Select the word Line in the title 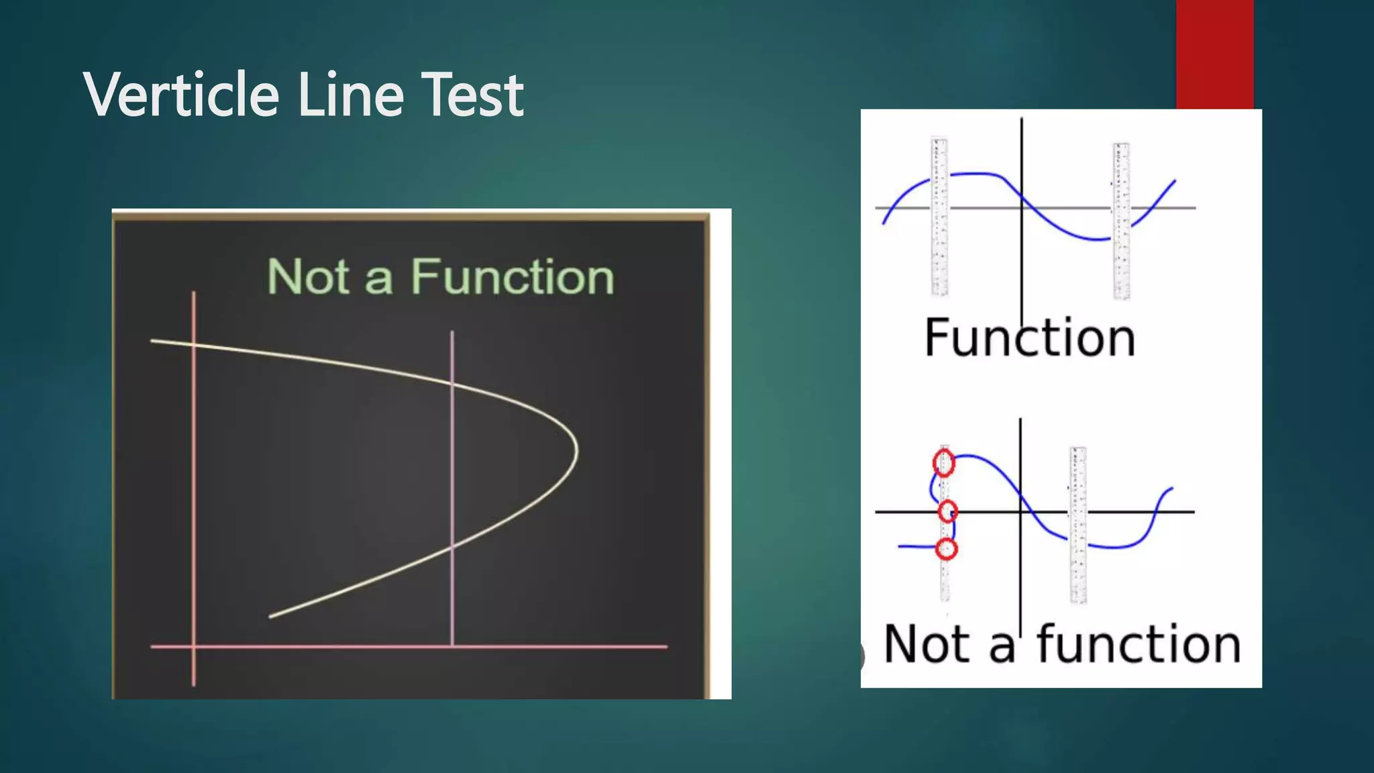coord(350,95)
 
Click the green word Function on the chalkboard coord(513,276)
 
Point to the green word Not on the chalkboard coord(308,276)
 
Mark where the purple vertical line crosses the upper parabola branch coord(452,384)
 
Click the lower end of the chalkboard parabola coord(270,616)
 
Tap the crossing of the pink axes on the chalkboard coord(194,647)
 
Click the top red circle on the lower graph coord(944,463)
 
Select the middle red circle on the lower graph coord(947,512)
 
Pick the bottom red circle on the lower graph coord(946,550)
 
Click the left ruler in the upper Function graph coord(939,216)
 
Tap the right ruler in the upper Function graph coord(1121,221)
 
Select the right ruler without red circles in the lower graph coord(1078,525)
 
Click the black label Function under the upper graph coord(1030,338)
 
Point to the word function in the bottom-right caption coord(1139,644)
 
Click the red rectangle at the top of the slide coord(1214,54)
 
